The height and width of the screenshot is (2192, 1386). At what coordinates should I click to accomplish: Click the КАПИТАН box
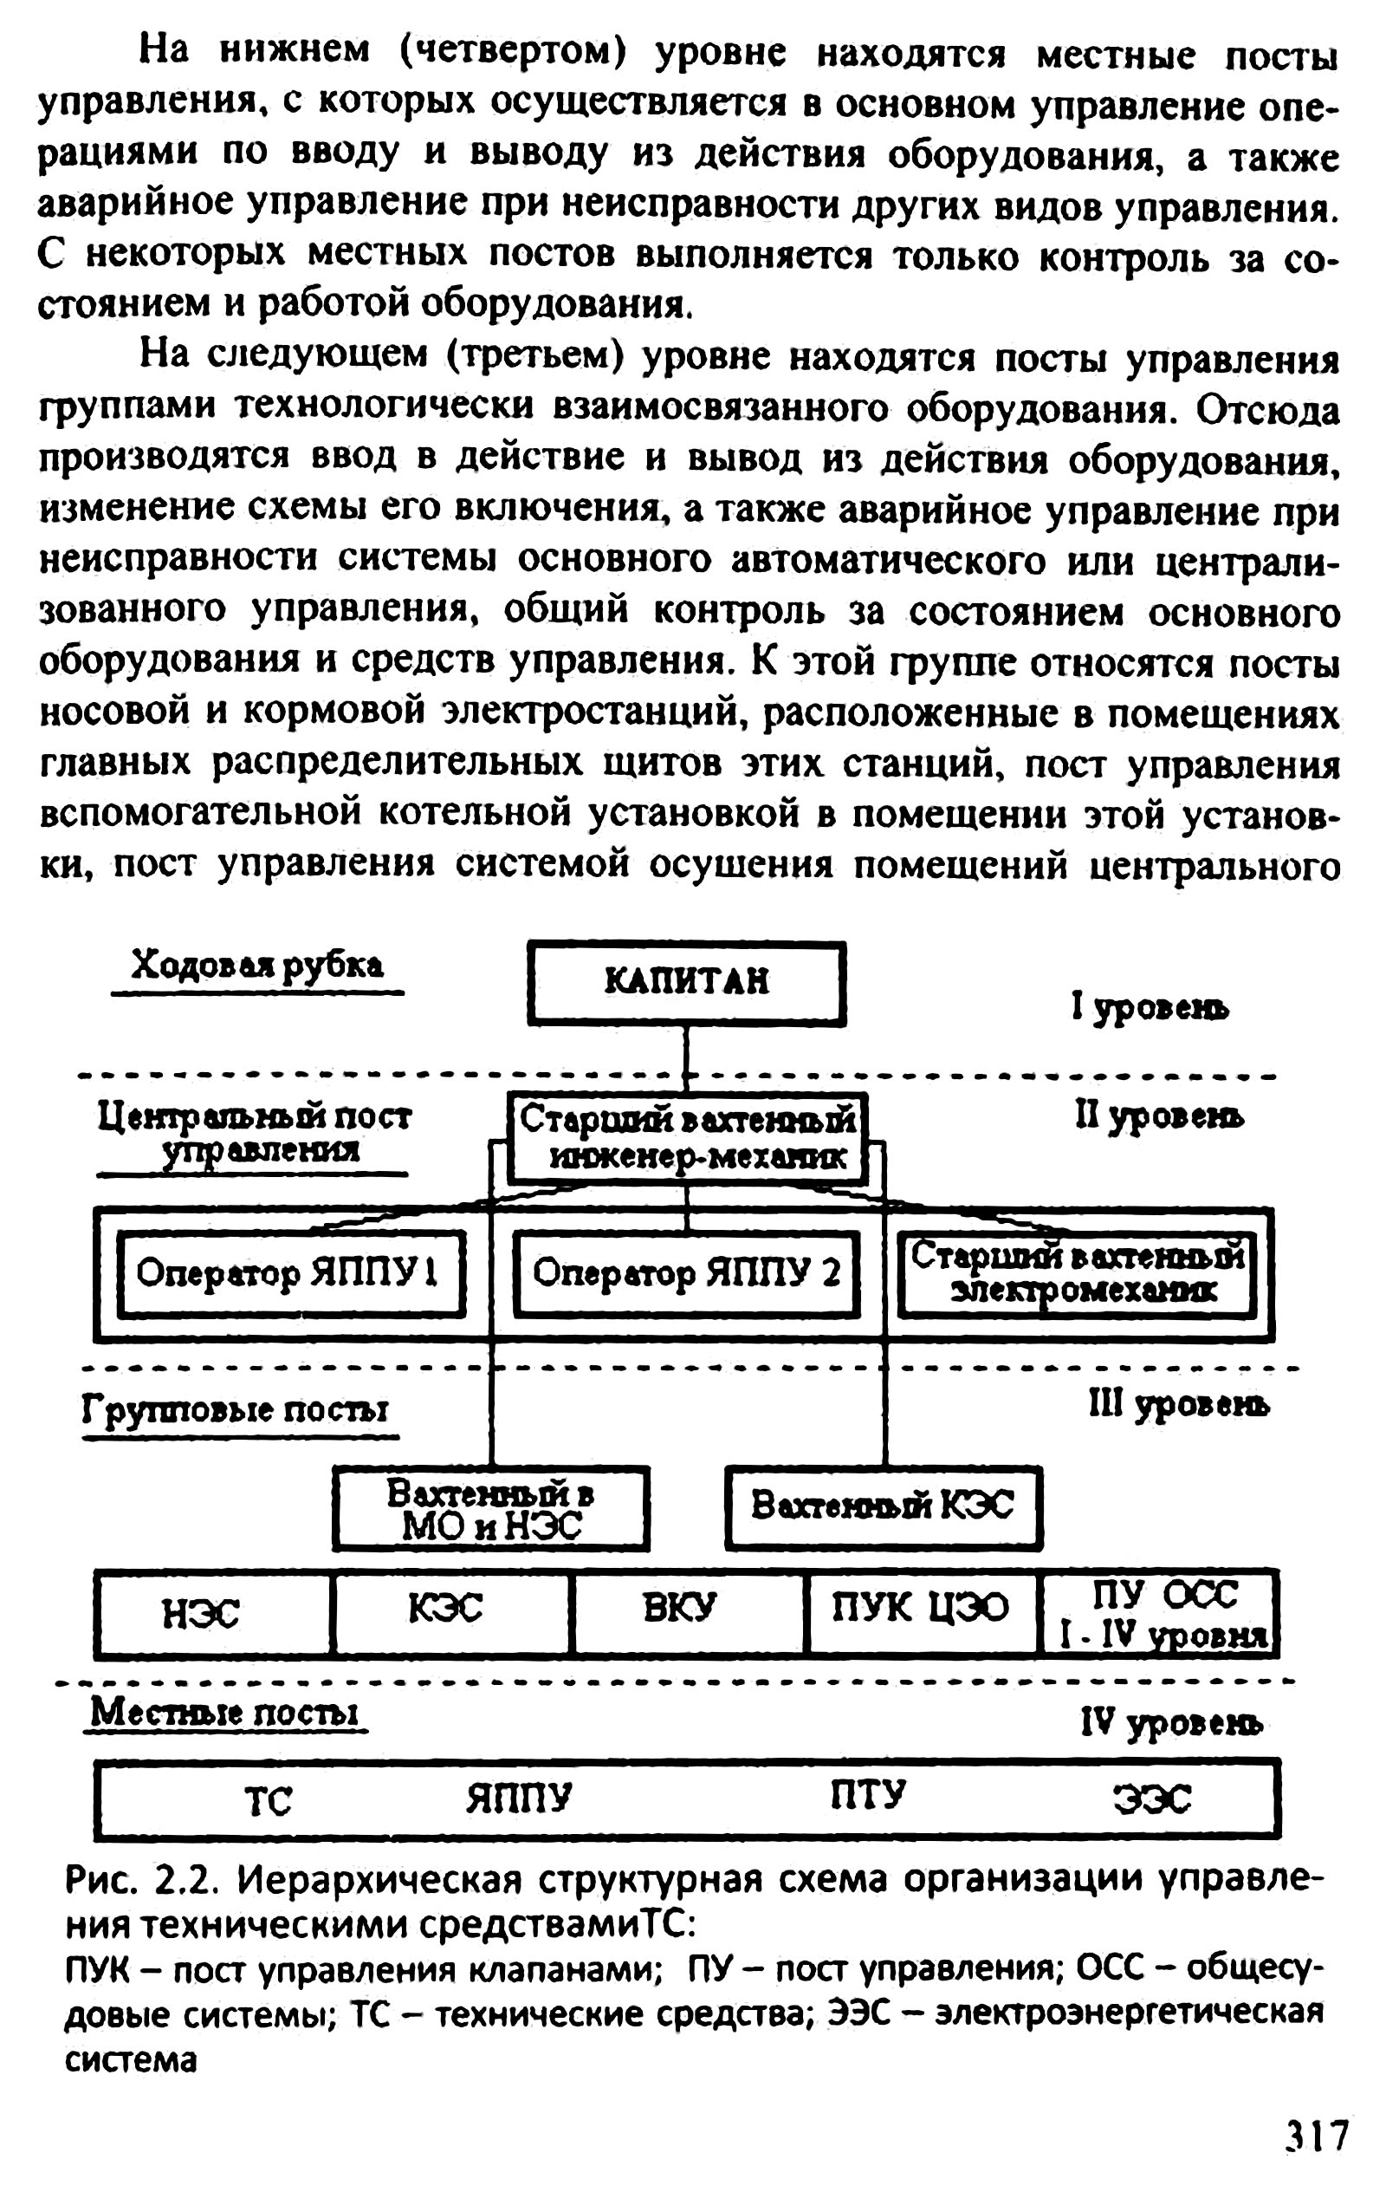pyautogui.click(x=686, y=982)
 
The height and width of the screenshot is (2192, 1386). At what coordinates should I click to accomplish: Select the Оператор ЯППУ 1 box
pyautogui.click(x=289, y=1273)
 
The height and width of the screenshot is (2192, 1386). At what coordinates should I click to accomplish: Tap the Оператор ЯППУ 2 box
pyautogui.click(x=686, y=1273)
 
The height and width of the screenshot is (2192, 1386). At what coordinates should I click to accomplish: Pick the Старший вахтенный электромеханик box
pyautogui.click(x=1078, y=1273)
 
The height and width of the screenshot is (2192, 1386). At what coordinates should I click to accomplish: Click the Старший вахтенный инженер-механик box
pyautogui.click(x=686, y=1138)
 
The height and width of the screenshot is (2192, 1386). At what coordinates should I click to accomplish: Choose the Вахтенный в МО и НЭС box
pyautogui.click(x=490, y=1508)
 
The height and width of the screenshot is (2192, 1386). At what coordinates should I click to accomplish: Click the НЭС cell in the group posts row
pyautogui.click(x=202, y=1614)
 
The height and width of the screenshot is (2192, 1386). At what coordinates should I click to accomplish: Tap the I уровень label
pyautogui.click(x=1150, y=1008)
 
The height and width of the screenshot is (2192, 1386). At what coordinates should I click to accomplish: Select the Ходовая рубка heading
pyautogui.click(x=257, y=966)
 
